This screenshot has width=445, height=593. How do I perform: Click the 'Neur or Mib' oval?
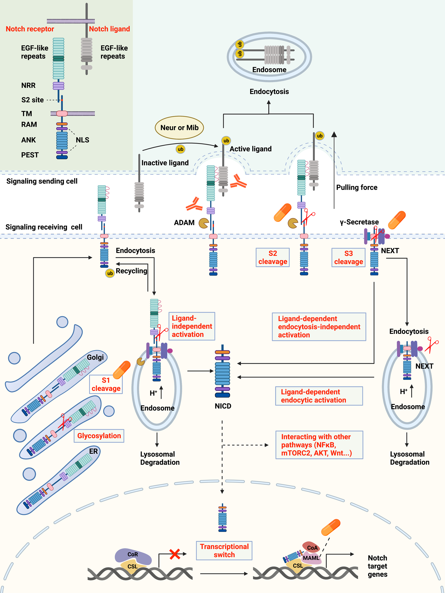pyautogui.click(x=179, y=128)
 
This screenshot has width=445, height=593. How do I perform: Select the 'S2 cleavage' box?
pyautogui.click(x=273, y=257)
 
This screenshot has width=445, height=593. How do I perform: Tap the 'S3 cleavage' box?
pyautogui.click(x=349, y=257)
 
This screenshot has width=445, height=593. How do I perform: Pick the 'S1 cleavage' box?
pyautogui.click(x=106, y=384)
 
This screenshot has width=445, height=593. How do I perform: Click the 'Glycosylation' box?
pyautogui.click(x=99, y=436)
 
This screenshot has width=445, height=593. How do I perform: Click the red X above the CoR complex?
pyautogui.click(x=175, y=554)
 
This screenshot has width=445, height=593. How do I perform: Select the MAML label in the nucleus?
pyautogui.click(x=311, y=558)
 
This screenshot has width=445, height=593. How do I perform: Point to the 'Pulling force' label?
pyautogui.click(x=357, y=187)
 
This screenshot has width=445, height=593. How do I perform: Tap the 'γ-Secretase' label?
pyautogui.click(x=359, y=222)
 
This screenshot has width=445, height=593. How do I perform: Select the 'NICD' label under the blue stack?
pyautogui.click(x=223, y=406)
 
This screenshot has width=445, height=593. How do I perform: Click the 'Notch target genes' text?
pyautogui.click(x=377, y=566)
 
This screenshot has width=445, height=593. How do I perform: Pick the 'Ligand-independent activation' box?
pyautogui.click(x=192, y=326)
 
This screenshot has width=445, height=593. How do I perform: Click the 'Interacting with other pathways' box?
pyautogui.click(x=319, y=445)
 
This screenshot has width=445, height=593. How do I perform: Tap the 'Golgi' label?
pyautogui.click(x=95, y=357)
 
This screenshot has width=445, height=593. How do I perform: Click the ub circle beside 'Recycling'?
pyautogui.click(x=110, y=273)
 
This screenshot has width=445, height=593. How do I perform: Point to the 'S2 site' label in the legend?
pyautogui.click(x=33, y=100)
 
